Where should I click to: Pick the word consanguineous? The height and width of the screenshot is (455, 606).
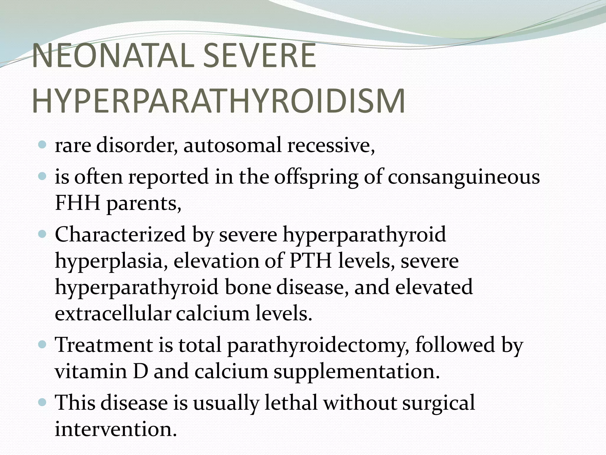464,177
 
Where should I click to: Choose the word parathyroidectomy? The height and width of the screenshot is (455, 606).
318,345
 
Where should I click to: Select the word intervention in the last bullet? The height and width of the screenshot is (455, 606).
116,429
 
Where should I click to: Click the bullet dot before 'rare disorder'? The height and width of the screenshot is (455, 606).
43,145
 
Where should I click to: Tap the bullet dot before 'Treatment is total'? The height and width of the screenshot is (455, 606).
43,345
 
